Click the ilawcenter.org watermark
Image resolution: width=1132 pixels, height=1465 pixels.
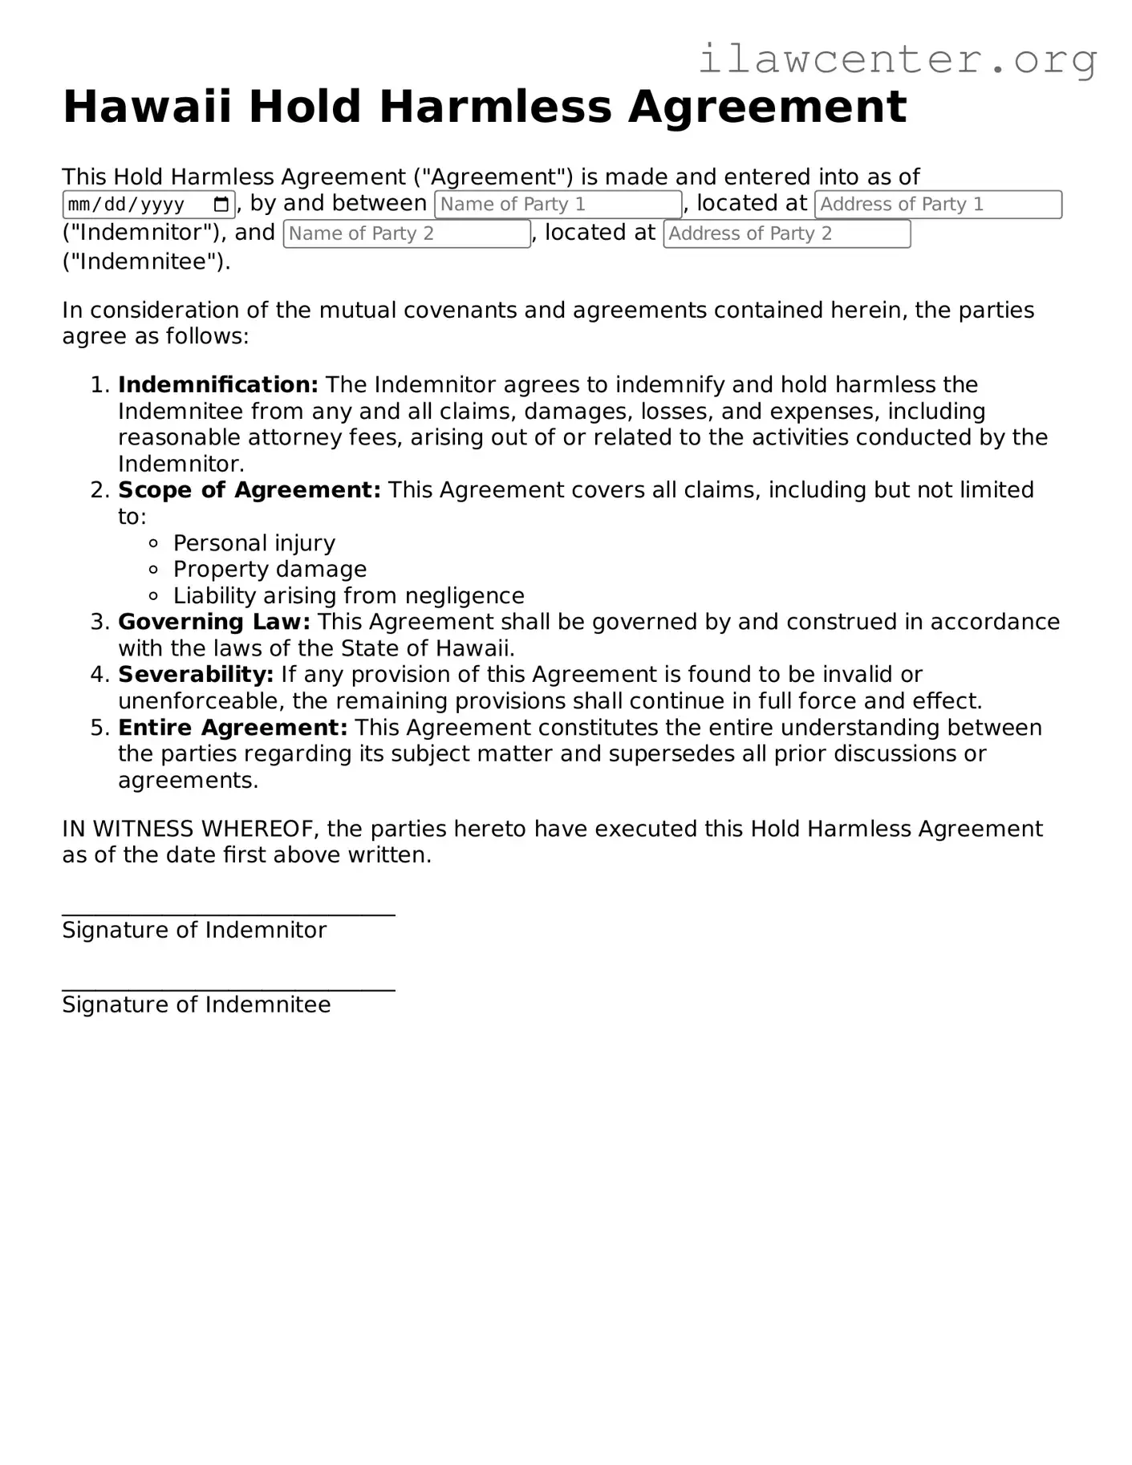[x=897, y=59]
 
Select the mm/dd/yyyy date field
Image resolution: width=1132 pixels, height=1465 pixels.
[x=136, y=205]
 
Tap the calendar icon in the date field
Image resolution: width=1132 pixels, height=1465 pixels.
[x=222, y=204]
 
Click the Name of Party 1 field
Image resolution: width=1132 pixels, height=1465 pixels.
[x=558, y=205]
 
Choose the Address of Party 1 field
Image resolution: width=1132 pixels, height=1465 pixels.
[x=937, y=205]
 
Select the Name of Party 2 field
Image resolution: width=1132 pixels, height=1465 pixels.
[x=406, y=233]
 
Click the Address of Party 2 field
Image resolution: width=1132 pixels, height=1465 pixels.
[x=786, y=233]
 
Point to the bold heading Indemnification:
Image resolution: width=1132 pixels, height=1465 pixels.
[x=218, y=385]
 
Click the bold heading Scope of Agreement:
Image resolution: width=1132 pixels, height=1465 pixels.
[x=250, y=490]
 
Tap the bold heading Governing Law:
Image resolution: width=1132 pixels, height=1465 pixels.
[x=214, y=622]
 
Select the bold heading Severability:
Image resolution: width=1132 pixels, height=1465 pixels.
[x=196, y=675]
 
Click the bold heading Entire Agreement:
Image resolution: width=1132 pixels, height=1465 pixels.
[x=233, y=728]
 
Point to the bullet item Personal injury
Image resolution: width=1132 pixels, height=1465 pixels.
[x=254, y=543]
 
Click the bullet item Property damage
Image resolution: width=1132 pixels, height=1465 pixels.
[x=270, y=570]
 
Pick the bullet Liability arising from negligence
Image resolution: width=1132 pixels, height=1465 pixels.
[x=348, y=596]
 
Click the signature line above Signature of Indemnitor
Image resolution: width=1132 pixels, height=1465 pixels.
[x=229, y=913]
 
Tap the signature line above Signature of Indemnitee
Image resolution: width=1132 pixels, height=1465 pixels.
[x=229, y=988]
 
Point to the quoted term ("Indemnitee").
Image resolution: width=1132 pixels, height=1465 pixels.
[x=146, y=262]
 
